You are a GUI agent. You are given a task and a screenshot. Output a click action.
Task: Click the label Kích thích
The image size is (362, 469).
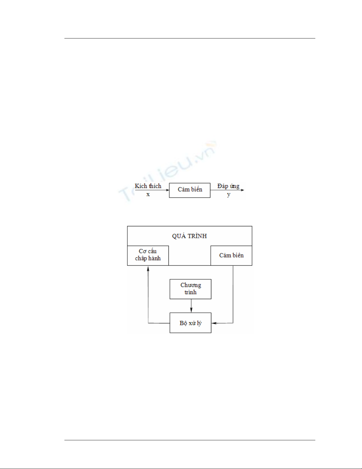pos(148,186)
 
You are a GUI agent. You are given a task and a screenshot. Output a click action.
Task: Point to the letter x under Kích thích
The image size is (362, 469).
pos(148,194)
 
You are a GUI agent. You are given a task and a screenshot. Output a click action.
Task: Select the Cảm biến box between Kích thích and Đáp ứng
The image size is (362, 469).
pos(190,190)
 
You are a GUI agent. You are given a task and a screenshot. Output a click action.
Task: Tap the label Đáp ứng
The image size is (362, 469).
pos(228,186)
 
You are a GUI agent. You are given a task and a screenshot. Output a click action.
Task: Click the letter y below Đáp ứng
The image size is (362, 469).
pos(229,195)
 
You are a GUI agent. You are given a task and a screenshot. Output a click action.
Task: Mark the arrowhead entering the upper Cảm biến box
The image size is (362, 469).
pos(168,190)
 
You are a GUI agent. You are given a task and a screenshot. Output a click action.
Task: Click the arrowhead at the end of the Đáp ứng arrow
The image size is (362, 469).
pos(243,190)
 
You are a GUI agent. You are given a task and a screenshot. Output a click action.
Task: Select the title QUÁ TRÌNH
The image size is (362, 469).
pos(189,236)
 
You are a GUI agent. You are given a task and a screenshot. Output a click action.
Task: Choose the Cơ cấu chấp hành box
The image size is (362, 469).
pos(148,256)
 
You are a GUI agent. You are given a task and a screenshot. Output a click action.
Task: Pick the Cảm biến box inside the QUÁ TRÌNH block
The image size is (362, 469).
pos(231,256)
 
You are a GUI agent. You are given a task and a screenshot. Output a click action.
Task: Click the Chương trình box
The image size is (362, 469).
pos(191,289)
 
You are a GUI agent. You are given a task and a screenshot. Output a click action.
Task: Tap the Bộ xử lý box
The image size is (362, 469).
pos(191,323)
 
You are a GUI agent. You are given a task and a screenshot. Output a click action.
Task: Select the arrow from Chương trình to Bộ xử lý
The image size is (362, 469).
pos(191,306)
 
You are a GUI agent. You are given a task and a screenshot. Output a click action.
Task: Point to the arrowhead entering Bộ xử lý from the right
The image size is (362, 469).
pos(213,323)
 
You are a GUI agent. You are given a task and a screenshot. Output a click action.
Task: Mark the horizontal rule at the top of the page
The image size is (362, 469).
pos(190,38)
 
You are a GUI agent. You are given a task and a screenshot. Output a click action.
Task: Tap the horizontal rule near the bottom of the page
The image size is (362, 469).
pos(190,440)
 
